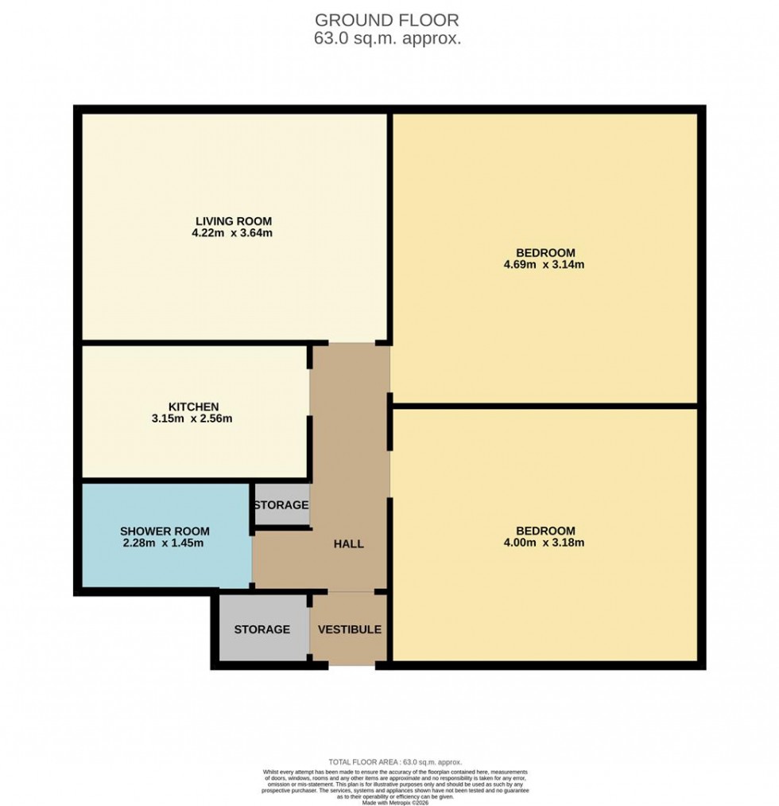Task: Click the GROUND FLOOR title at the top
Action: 387,20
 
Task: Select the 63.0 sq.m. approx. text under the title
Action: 387,38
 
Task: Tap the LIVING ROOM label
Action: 234,221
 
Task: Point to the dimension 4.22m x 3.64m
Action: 234,233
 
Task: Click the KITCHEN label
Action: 193,407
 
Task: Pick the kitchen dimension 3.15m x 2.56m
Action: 193,419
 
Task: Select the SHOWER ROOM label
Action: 165,531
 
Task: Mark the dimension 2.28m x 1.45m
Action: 165,543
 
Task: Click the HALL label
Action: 348,544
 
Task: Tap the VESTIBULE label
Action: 350,629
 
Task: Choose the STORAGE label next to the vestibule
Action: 262,629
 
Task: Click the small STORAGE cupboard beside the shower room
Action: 281,505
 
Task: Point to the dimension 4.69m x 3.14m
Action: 545,265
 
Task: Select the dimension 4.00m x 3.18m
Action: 545,543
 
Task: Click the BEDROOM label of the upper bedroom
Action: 545,253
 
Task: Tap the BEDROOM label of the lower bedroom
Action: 545,531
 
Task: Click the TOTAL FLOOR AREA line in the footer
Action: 395,762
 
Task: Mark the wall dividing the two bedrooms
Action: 545,406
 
